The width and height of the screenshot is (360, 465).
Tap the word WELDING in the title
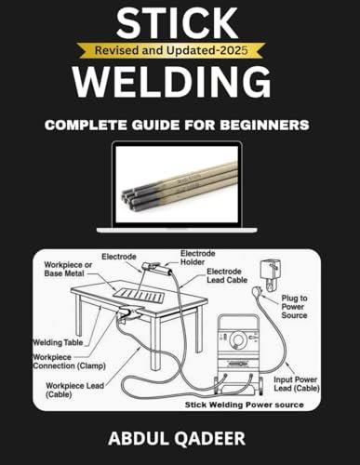(x=180, y=82)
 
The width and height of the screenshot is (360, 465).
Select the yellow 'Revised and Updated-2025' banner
(x=180, y=52)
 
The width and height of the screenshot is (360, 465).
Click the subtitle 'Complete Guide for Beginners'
(x=180, y=123)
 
